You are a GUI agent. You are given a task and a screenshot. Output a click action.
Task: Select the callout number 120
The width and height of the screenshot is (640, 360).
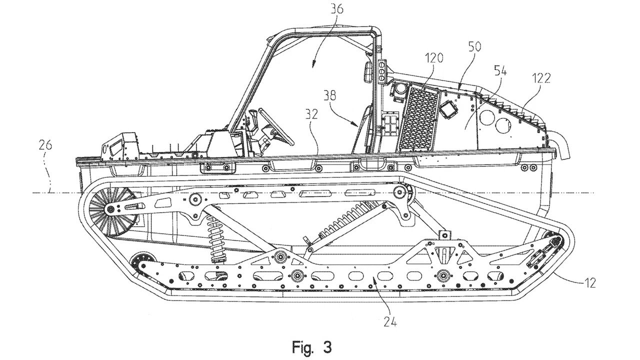[434, 58]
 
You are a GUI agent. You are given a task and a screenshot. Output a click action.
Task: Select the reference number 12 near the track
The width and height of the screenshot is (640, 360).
[589, 283]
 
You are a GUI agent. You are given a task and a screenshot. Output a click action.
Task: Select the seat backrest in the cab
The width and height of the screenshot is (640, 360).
[364, 127]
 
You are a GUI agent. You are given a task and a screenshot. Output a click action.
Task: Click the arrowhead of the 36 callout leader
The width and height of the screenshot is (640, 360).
[313, 64]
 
